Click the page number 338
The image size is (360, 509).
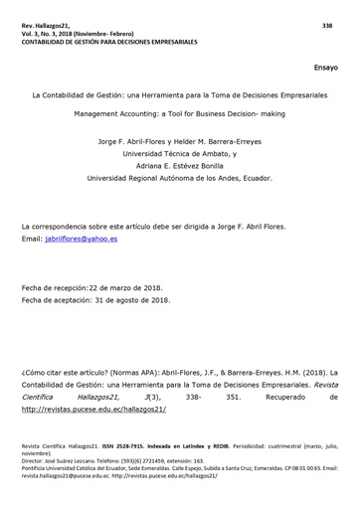tap(327, 24)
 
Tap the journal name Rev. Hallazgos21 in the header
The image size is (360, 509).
tap(50, 24)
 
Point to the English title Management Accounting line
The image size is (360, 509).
tap(179, 114)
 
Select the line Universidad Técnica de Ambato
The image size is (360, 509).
tap(179, 155)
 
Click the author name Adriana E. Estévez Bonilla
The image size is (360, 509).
tap(179, 168)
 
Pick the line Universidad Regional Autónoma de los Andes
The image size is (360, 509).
tap(179, 181)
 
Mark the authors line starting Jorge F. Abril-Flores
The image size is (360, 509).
tap(179, 141)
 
